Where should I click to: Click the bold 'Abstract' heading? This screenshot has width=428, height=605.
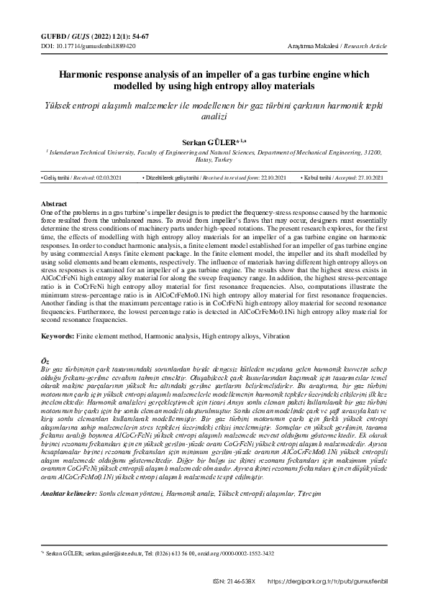tap(55, 205)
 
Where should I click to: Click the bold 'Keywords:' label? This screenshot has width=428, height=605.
tap(61, 336)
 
